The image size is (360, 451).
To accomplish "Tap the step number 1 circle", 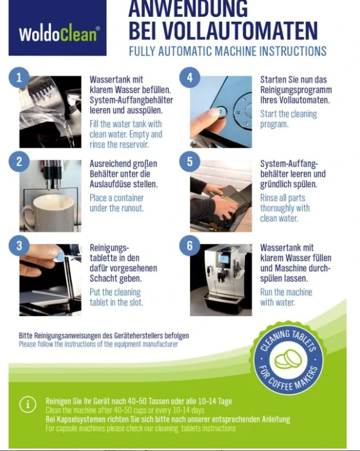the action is [x=19, y=77].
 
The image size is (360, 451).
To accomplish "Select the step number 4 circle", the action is [x=189, y=77].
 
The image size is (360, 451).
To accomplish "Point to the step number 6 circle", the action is [x=189, y=246].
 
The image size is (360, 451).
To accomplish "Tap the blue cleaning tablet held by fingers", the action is [x=60, y=256].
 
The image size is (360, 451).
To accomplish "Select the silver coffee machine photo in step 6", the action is [x=221, y=280].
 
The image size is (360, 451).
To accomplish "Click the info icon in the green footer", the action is [x=28, y=405].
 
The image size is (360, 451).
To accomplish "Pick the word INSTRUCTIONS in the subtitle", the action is [x=293, y=51].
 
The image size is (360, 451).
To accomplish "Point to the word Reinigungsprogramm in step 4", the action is [x=296, y=90].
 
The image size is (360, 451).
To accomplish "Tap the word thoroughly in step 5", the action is [x=285, y=208].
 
